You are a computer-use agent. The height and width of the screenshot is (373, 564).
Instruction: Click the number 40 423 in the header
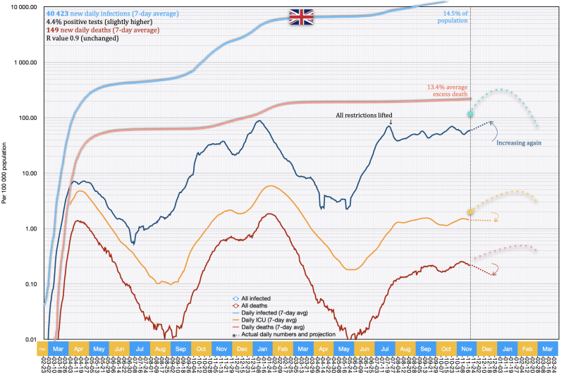pos(40,13)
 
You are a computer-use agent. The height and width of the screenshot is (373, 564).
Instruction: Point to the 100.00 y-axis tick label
pos(26,118)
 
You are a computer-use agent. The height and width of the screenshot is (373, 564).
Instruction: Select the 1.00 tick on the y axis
pos(30,229)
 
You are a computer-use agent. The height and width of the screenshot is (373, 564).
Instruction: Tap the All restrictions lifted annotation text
pos(364,115)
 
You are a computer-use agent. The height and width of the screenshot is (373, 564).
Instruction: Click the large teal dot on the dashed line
pos(470,114)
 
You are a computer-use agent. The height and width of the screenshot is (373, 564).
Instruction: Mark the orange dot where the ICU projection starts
pos(470,212)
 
